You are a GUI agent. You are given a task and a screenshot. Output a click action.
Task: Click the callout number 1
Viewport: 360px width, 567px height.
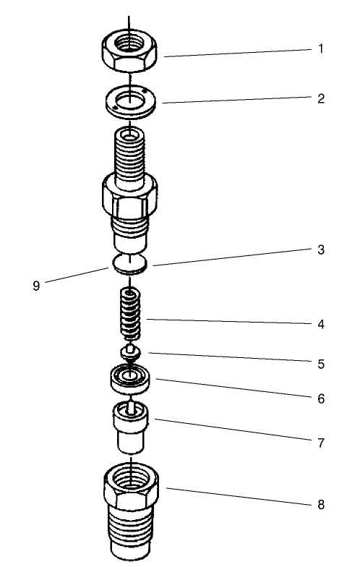point(320,50)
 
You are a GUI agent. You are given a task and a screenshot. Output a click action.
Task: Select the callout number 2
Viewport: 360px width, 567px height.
point(320,98)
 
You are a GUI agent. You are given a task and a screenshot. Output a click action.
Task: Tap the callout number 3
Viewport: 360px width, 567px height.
point(320,250)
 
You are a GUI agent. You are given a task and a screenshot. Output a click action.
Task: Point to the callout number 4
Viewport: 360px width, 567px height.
point(320,324)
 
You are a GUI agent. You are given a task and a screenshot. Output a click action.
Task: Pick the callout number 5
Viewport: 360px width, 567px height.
point(320,364)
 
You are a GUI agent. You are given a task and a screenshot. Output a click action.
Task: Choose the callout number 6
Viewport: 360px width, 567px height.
point(320,398)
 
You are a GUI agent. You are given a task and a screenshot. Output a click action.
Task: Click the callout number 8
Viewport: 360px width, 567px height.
point(320,505)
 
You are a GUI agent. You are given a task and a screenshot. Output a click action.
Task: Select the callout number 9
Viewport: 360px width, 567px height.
point(36,285)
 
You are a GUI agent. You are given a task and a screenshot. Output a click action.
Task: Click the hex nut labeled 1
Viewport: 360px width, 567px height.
point(130,52)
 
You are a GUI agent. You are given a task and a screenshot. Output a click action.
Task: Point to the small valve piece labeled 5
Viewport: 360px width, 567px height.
point(129,353)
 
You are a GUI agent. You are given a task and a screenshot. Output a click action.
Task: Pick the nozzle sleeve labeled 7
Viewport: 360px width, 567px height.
point(129,428)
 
